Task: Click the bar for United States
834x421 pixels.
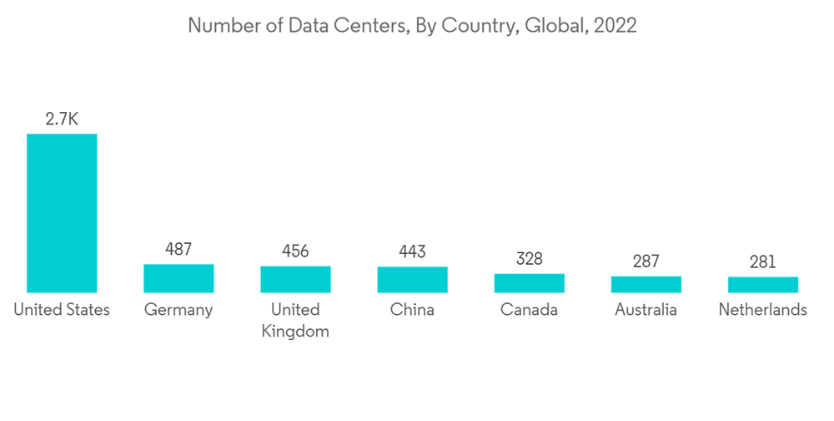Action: (62, 213)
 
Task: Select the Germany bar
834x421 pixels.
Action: (178, 278)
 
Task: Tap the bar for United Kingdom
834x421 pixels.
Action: (295, 279)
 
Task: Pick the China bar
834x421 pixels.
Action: (412, 280)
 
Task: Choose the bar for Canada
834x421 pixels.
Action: (529, 283)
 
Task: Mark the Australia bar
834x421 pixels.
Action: (646, 284)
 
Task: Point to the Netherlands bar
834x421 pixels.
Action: (762, 285)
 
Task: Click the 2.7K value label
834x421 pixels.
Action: (62, 119)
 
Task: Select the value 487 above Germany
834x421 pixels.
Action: (178, 249)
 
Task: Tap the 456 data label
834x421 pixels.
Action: (295, 251)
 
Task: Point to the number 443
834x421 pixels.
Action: (412, 251)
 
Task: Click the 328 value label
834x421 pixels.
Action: (529, 259)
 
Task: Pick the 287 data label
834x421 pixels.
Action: (646, 261)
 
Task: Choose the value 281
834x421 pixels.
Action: (762, 262)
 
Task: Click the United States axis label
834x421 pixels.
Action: (62, 310)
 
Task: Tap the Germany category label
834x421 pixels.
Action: (178, 311)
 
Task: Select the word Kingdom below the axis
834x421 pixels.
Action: (295, 332)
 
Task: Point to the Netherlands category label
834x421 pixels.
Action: (762, 310)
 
